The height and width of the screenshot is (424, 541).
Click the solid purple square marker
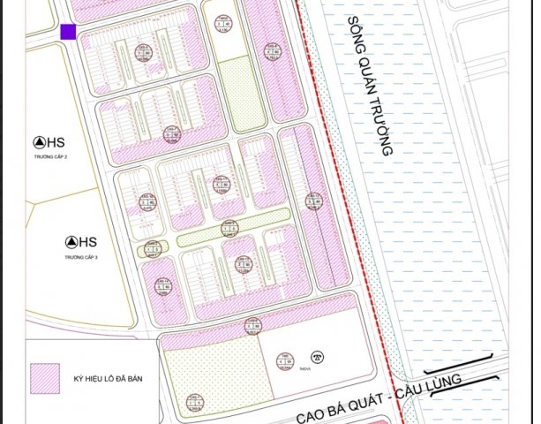(x=68, y=32)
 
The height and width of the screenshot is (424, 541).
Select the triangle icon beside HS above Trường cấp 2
(x=38, y=141)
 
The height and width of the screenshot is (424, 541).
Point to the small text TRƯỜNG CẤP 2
(x=52, y=155)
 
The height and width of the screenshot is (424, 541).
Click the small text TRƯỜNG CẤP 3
(x=82, y=256)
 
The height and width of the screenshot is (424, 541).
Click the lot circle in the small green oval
(x=152, y=251)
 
